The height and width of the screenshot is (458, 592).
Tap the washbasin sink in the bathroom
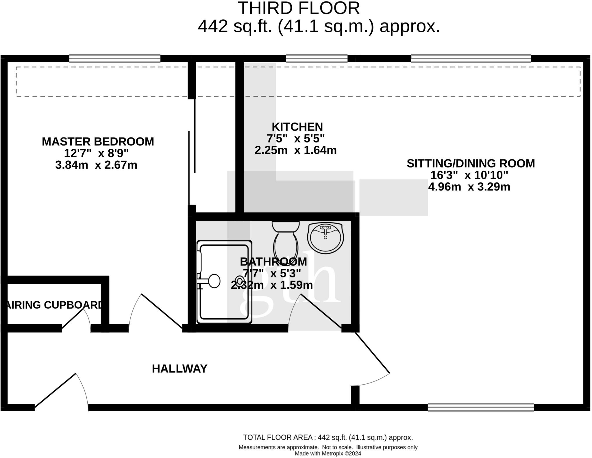(x=325, y=238)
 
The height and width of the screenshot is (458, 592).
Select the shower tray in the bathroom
(x=224, y=282)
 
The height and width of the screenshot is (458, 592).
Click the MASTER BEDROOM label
(x=98, y=142)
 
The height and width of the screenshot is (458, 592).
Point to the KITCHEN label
(x=297, y=127)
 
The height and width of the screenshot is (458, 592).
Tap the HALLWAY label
(x=180, y=369)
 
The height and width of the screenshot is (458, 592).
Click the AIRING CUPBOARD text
(x=54, y=305)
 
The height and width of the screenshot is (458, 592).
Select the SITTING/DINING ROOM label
(x=471, y=164)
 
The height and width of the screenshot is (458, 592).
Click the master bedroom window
(x=115, y=58)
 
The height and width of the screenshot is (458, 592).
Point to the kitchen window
(x=317, y=58)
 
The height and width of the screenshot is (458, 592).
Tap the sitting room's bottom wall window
(x=481, y=407)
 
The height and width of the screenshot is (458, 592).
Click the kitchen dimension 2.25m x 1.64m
(x=295, y=150)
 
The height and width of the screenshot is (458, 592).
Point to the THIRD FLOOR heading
(x=299, y=8)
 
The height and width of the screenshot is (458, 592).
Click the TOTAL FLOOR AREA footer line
(x=328, y=437)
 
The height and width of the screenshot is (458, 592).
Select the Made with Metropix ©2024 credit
(x=328, y=454)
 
